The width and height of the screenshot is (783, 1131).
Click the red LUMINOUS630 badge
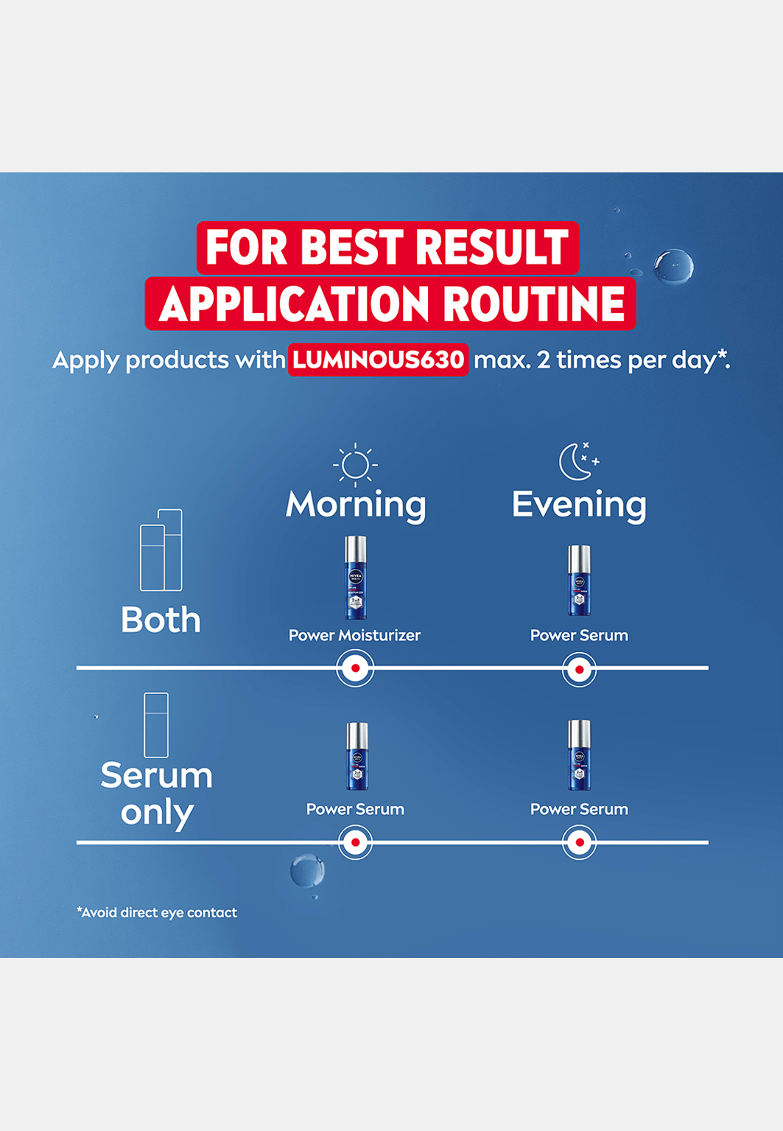pyautogui.click(x=378, y=360)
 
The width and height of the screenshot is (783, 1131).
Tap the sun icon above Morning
pyautogui.click(x=355, y=464)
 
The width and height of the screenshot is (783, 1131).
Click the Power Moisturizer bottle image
pyautogui.click(x=355, y=577)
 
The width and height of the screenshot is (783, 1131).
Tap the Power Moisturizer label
pyautogui.click(x=354, y=635)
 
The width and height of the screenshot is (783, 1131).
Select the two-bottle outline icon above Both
pyautogui.click(x=161, y=549)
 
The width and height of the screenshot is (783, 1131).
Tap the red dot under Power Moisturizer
pyautogui.click(x=355, y=668)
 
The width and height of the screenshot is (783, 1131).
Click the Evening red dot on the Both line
pyautogui.click(x=579, y=669)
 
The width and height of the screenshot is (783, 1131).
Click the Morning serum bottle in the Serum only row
pyautogui.click(x=357, y=756)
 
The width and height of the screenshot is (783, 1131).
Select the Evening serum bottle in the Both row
pyautogui.click(x=579, y=580)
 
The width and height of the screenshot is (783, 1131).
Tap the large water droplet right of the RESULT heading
pyautogui.click(x=673, y=266)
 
